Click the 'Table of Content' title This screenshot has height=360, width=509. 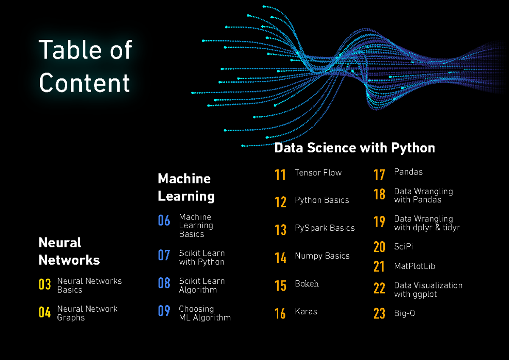[x=85, y=66]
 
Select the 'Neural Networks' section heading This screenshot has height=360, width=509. [x=69, y=251]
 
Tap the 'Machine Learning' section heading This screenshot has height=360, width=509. [x=186, y=187]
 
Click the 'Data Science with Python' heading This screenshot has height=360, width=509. [x=355, y=148]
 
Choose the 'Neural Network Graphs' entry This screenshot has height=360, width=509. [x=87, y=313]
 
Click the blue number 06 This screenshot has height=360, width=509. [x=164, y=220]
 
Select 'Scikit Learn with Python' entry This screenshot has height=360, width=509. [x=201, y=257]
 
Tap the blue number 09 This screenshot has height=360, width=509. [x=164, y=311]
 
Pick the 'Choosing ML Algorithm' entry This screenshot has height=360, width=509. [x=204, y=313]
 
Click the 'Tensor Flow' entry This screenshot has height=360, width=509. [x=318, y=173]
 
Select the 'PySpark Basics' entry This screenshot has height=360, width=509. [x=324, y=228]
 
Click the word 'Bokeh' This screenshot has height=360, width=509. [x=307, y=284]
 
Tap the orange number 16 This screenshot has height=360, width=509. [x=280, y=314]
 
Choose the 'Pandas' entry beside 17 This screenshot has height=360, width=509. [x=408, y=172]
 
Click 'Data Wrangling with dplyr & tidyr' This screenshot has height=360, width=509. [x=427, y=223]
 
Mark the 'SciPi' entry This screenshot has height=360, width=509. [x=403, y=246]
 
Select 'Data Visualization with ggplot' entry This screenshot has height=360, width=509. [x=428, y=290]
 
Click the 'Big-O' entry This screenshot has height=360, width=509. [x=404, y=314]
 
